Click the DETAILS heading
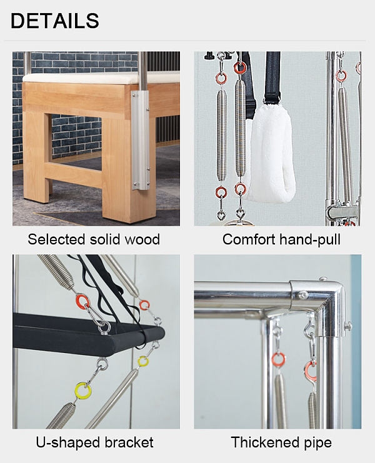point(55,21)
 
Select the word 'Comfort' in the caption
point(249,239)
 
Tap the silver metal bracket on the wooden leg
point(140,139)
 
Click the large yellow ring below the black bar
point(83,391)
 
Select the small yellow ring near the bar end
point(143,361)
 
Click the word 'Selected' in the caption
point(56,239)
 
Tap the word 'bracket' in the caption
point(129,442)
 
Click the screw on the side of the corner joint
point(348,326)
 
